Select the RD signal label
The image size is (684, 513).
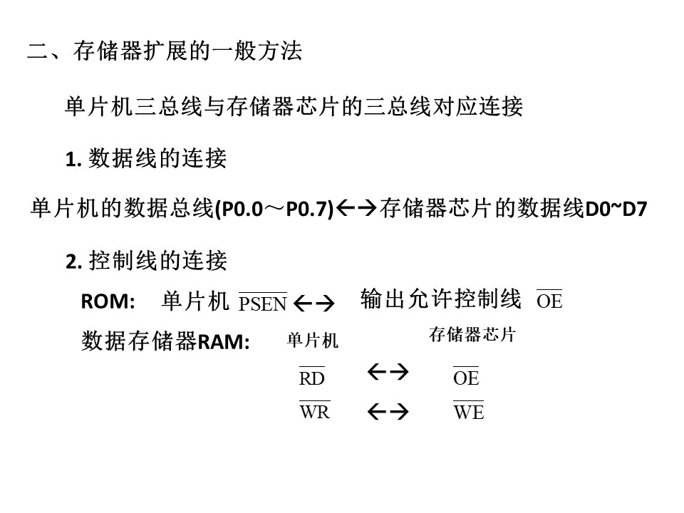coord(312,377)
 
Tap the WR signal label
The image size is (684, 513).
coord(314,410)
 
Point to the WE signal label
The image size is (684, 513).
coord(469,410)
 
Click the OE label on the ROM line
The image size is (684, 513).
coord(549,300)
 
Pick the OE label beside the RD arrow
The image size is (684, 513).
coord(466,377)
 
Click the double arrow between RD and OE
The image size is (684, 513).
coord(388,372)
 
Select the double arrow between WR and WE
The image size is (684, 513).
coord(388,411)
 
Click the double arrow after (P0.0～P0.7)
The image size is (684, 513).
coord(357,208)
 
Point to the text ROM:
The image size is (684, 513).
coord(108,301)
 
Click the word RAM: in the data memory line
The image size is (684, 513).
coord(223,342)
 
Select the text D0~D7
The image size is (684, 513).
coord(616,209)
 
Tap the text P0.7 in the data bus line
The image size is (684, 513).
coord(306,209)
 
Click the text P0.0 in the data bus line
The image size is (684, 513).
coord(242,209)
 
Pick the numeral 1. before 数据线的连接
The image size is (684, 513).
coord(73,160)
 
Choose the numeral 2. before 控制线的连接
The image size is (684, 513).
coord(73,262)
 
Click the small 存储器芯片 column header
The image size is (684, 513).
coord(472,335)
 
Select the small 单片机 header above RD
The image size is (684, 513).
coord(312,341)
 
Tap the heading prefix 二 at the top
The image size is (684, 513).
coord(38,51)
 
